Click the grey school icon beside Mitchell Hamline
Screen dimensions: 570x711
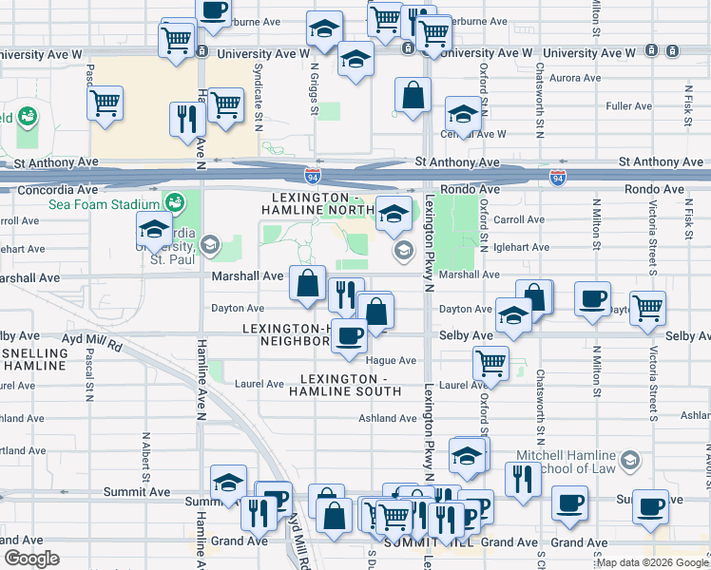pos(629,462)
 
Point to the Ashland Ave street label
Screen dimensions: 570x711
pos(388,418)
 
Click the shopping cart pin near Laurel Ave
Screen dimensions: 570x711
pos(491,362)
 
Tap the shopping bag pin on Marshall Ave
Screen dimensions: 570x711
pos(308,283)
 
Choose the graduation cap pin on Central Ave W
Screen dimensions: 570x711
pos(463,115)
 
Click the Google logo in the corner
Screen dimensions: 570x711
pos(31,559)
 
